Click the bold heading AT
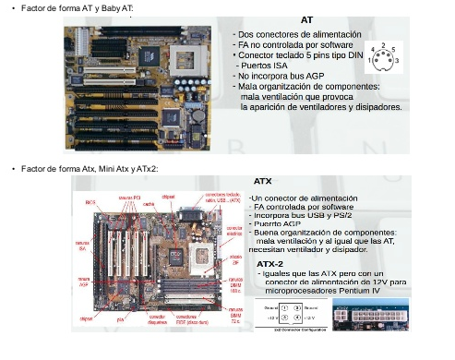coord(306,18)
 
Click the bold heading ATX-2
coord(269,264)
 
